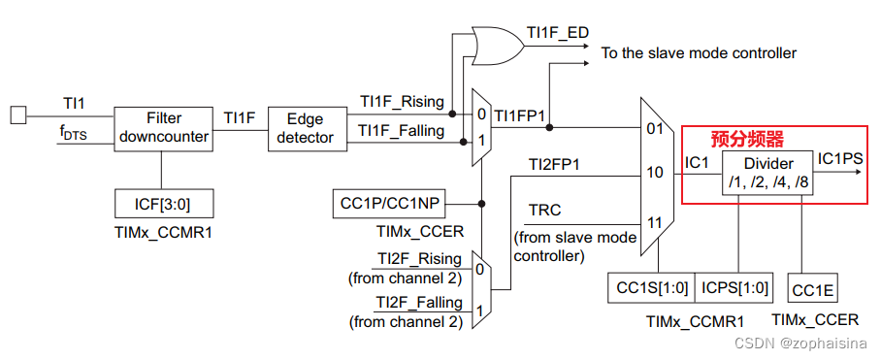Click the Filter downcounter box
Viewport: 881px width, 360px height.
tap(162, 127)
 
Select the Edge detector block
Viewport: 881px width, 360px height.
tap(305, 127)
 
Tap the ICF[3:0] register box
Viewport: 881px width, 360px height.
tap(162, 204)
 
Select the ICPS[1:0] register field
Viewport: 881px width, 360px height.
tap(734, 289)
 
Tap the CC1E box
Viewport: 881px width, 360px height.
tap(813, 289)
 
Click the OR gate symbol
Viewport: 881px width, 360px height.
tap(494, 43)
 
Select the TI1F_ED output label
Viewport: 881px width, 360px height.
tap(558, 32)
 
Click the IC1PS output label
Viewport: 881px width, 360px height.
tap(839, 156)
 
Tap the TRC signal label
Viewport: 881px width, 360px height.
tap(544, 210)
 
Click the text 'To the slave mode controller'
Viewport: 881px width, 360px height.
tap(699, 52)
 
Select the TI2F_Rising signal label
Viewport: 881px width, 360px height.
tap(419, 259)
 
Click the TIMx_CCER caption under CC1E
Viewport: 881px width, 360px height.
tap(814, 319)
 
